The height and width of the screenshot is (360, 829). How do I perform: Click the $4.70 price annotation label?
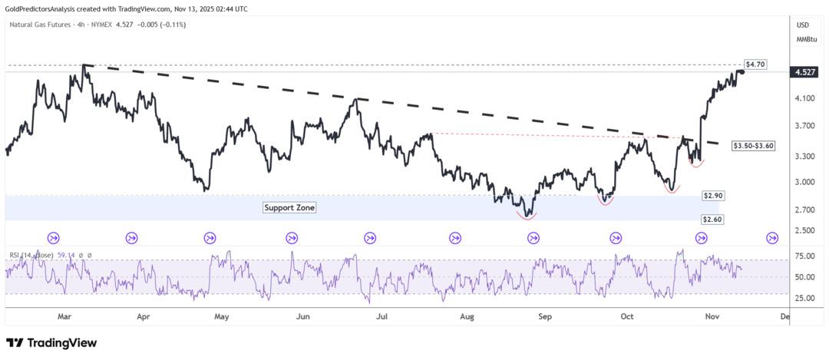click(x=755, y=64)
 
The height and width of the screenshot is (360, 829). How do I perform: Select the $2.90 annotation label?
click(x=713, y=197)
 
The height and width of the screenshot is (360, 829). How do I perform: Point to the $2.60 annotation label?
click(x=712, y=220)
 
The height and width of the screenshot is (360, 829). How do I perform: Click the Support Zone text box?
click(x=289, y=208)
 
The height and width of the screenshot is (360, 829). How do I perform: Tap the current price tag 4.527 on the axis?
click(x=805, y=72)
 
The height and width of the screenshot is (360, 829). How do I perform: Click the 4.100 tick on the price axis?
click(x=805, y=98)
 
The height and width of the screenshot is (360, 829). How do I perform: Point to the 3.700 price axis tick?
click(x=805, y=126)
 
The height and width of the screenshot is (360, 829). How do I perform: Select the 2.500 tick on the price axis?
click(x=805, y=230)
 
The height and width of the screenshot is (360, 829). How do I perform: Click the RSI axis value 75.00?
click(x=805, y=256)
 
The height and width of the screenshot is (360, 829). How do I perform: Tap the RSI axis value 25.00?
click(x=805, y=298)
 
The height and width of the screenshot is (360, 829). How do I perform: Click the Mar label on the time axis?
click(x=64, y=315)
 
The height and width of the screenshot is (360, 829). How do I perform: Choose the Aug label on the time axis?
click(x=466, y=315)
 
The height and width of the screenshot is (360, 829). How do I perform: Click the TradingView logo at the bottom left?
click(x=51, y=343)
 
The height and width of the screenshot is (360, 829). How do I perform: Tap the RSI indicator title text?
click(x=31, y=255)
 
